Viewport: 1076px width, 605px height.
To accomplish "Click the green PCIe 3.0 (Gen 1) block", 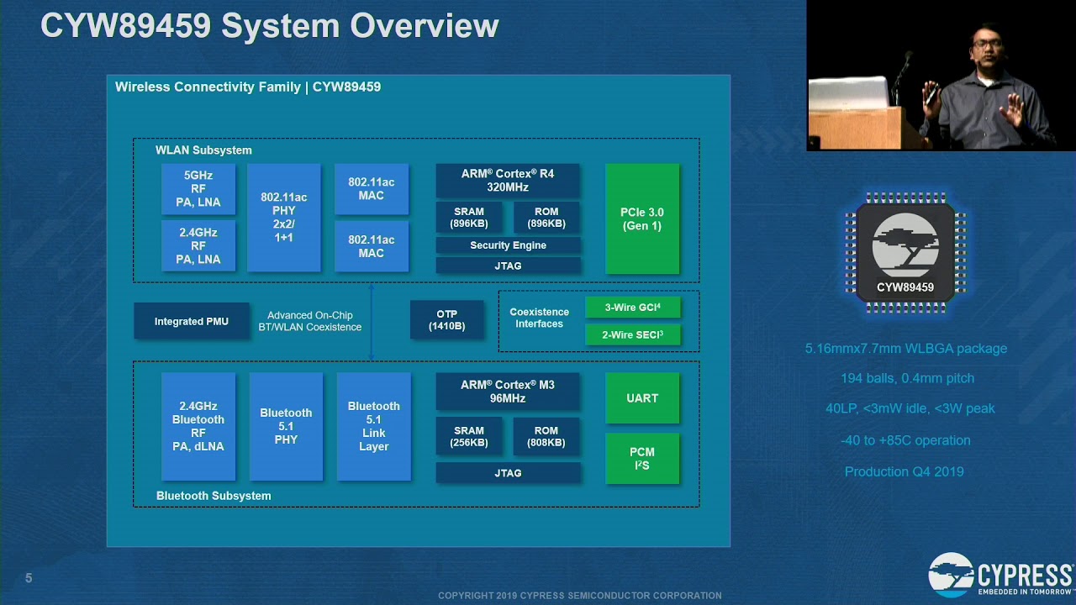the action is point(642,219).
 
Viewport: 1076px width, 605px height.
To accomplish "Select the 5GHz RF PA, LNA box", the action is point(198,189).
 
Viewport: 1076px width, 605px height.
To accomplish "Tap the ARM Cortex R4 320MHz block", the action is point(508,181).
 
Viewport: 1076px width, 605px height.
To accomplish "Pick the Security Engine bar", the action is point(508,245).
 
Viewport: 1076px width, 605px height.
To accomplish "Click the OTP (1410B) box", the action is point(446,320).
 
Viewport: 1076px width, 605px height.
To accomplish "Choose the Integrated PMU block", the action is point(191,321).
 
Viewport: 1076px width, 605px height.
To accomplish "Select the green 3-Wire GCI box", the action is point(633,308).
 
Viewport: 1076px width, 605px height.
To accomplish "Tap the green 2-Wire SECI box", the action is point(633,334).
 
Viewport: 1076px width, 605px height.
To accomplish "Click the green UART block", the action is point(642,398).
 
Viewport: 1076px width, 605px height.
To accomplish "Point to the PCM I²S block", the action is point(642,459).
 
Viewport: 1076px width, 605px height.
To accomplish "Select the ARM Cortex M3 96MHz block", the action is point(508,392).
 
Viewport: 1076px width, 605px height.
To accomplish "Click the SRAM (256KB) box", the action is point(469,436).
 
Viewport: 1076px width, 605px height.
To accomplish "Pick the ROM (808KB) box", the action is point(546,436).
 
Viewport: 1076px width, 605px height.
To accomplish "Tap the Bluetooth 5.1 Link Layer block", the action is point(374,426).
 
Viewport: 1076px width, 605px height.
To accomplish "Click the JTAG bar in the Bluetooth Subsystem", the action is point(508,473).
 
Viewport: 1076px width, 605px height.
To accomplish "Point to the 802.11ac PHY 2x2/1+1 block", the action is point(284,218).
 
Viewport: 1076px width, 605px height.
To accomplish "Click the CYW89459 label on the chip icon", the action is point(905,287).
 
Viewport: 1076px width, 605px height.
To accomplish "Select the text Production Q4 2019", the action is point(904,471).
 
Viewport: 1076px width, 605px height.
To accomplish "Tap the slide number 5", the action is point(29,578).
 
